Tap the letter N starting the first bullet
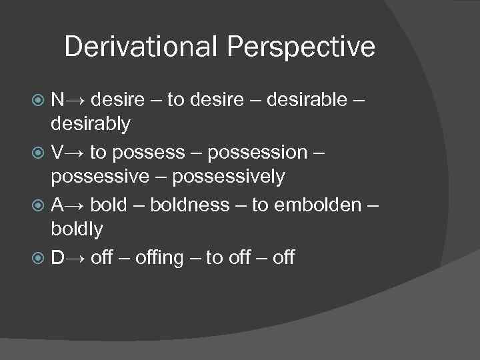coord(58,101)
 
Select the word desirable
coord(306,101)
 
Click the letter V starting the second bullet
coord(57,153)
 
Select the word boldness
coord(189,204)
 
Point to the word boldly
coord(77,230)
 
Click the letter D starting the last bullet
coord(58,256)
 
